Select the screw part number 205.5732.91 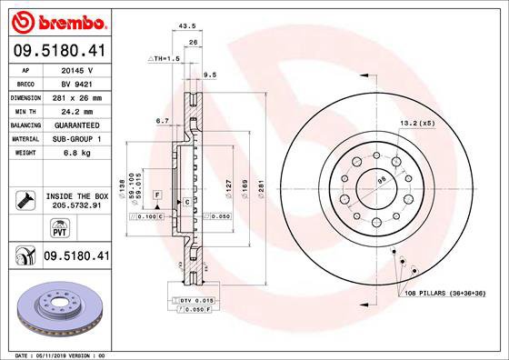tap(75, 206)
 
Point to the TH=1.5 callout tap(165, 57)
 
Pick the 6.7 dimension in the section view tap(162, 119)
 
